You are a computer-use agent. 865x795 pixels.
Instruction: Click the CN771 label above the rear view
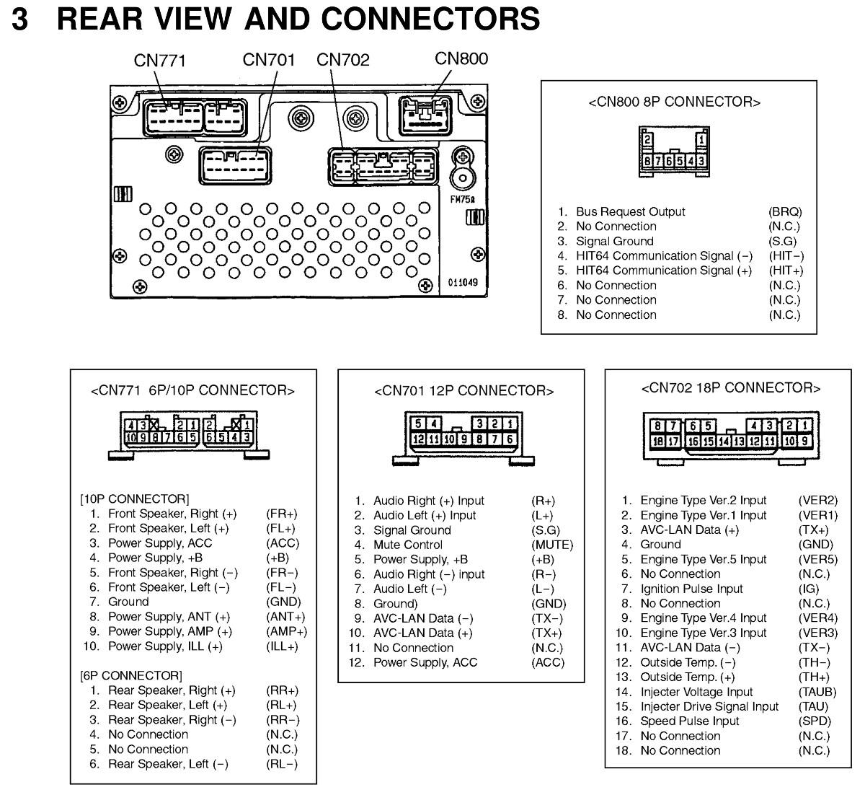pyautogui.click(x=160, y=61)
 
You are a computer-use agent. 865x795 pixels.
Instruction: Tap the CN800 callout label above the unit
pyautogui.click(x=461, y=58)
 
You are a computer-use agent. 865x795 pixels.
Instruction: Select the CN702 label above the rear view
pyautogui.click(x=343, y=60)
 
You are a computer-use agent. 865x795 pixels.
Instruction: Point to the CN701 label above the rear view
pyautogui.click(x=269, y=60)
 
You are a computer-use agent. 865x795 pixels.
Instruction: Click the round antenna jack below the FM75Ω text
pyautogui.click(x=461, y=177)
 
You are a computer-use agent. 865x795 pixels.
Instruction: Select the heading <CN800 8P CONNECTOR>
pyautogui.click(x=675, y=102)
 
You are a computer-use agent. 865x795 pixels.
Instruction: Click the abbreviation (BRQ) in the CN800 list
pyautogui.click(x=785, y=212)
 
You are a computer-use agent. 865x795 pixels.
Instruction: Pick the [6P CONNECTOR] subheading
pyautogui.click(x=131, y=675)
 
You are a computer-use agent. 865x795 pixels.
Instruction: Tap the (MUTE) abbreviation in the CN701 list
pyautogui.click(x=551, y=545)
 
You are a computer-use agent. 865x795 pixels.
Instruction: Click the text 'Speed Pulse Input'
pyautogui.click(x=689, y=721)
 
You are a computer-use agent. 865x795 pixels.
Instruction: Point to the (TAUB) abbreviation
pyautogui.click(x=817, y=692)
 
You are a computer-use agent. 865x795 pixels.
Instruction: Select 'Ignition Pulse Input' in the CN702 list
pyautogui.click(x=691, y=589)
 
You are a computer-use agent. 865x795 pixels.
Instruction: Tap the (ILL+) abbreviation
pyautogui.click(x=282, y=646)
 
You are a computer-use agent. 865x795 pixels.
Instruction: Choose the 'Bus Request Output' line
pyautogui.click(x=630, y=212)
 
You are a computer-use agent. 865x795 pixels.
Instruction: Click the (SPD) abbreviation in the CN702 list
pyautogui.click(x=815, y=721)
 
